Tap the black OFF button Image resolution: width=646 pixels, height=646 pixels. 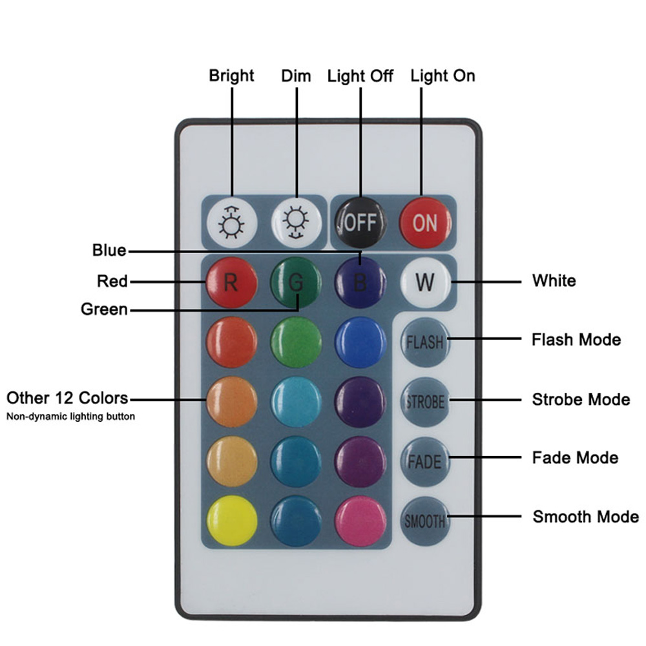pyautogui.click(x=360, y=222)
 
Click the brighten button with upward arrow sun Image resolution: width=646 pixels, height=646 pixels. pyautogui.click(x=231, y=223)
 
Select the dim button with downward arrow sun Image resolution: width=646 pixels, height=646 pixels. pyautogui.click(x=296, y=223)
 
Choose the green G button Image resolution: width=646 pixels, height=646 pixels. pyautogui.click(x=296, y=282)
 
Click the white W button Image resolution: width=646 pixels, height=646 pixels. pyautogui.click(x=424, y=282)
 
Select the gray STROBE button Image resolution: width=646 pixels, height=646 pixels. pyautogui.click(x=424, y=401)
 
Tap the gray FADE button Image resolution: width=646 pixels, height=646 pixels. pyautogui.click(x=424, y=461)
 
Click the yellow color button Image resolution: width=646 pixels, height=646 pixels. pyautogui.click(x=231, y=520)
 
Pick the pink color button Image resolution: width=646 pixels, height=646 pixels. pyautogui.click(x=360, y=520)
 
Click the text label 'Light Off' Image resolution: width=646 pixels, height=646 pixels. pyautogui.click(x=360, y=76)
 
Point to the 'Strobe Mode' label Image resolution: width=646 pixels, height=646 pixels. pyautogui.click(x=580, y=399)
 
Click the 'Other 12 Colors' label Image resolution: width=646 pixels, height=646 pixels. pyautogui.click(x=67, y=397)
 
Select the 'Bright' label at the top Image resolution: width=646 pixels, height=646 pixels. pyautogui.click(x=231, y=76)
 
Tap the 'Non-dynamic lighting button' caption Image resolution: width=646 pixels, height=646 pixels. pyautogui.click(x=70, y=417)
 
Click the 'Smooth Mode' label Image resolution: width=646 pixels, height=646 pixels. pyautogui.click(x=585, y=517)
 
